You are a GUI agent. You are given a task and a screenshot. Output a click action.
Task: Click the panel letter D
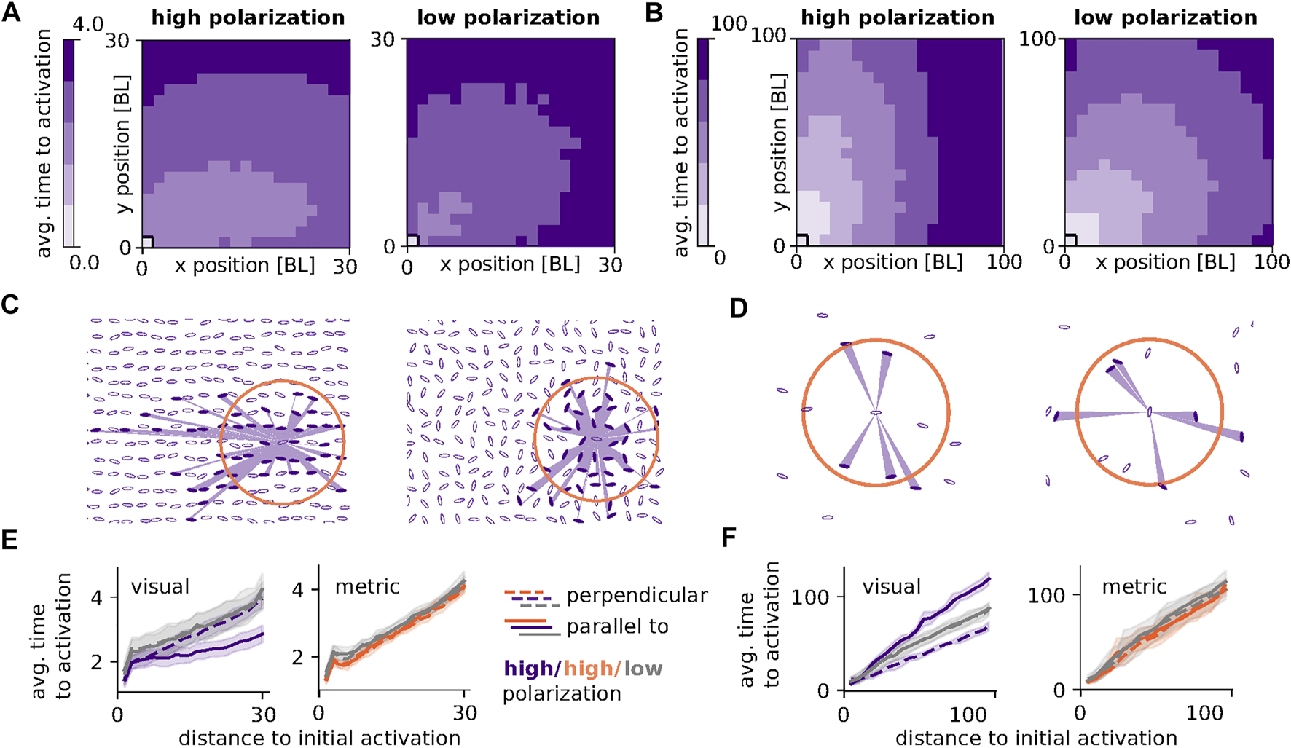pyautogui.click(x=738, y=308)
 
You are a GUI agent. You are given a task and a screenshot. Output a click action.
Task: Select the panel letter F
pyautogui.click(x=729, y=538)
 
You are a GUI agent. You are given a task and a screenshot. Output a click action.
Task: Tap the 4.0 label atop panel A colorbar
pyautogui.click(x=88, y=25)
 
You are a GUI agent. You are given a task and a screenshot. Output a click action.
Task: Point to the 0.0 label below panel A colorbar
pyautogui.click(x=84, y=262)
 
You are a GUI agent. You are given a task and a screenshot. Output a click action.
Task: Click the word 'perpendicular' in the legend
pyautogui.click(x=637, y=596)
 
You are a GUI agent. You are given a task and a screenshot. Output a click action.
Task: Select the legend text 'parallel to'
pyautogui.click(x=617, y=626)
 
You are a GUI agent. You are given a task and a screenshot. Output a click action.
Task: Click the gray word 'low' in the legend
pyautogui.click(x=643, y=668)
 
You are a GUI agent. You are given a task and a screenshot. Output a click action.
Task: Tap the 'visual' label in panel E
pyautogui.click(x=160, y=586)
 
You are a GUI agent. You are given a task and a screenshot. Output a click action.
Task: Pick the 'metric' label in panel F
pyautogui.click(x=1134, y=586)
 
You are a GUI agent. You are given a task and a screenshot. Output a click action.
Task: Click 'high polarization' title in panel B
pyautogui.click(x=898, y=17)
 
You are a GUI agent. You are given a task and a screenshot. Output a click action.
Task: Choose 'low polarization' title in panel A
pyautogui.click(x=508, y=17)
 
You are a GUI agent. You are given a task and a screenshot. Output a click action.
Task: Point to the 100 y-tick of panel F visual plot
pyautogui.click(x=810, y=597)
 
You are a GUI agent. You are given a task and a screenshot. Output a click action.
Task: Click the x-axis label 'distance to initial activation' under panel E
pyautogui.click(x=319, y=737)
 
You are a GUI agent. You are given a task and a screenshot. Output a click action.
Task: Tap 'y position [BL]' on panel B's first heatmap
pyautogui.click(x=780, y=142)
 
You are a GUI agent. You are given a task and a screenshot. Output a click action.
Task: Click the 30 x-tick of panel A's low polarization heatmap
pyautogui.click(x=610, y=266)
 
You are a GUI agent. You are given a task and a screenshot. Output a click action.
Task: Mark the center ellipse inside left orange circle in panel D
pyautogui.click(x=876, y=413)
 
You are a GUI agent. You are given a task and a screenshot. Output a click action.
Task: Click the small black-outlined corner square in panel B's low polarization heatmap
pyautogui.click(x=1071, y=239)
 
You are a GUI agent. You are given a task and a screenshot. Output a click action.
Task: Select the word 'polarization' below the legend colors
pyautogui.click(x=562, y=693)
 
